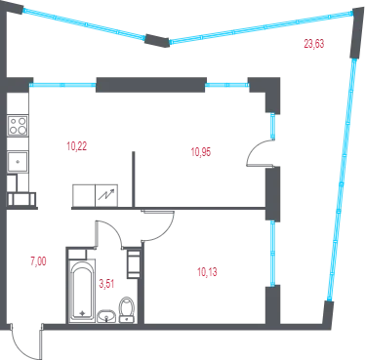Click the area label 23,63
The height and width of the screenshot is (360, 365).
314,43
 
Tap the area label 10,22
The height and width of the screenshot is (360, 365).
77,146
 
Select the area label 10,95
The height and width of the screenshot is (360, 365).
201,152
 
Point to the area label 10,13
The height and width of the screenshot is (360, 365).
207,272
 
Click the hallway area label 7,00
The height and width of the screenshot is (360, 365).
38,261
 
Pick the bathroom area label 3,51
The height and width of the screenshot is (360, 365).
106,284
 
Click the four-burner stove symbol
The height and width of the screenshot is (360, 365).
18,126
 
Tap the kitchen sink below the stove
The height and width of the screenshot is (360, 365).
18,161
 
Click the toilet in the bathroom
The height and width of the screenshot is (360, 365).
127,309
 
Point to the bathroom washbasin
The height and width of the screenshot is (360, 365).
106,316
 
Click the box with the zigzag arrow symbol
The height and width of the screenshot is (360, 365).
106,195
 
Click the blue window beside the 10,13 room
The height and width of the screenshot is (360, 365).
272,254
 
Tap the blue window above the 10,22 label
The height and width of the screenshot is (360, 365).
62,85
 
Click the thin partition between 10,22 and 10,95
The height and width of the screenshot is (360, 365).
133,180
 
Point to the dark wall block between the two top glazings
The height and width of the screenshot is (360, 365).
157,40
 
